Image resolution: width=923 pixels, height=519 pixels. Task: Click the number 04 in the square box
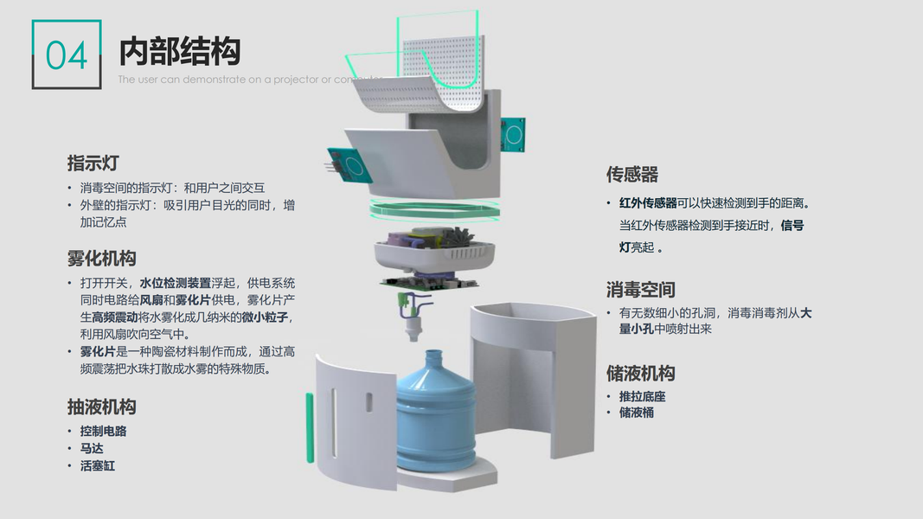(x=67, y=54)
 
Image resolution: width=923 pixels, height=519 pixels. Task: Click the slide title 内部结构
(x=179, y=51)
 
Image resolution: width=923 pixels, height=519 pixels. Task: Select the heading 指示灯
(x=93, y=163)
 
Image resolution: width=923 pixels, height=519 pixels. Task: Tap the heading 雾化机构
(x=101, y=259)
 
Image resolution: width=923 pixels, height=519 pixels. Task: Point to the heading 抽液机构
(x=101, y=407)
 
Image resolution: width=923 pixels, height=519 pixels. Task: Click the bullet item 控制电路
(x=103, y=431)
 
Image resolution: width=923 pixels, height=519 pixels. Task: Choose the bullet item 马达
(x=92, y=448)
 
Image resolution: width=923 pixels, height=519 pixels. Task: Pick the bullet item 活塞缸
(x=97, y=465)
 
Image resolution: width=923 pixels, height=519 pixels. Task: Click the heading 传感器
(x=631, y=175)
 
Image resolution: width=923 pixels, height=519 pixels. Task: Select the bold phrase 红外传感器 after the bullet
(x=648, y=203)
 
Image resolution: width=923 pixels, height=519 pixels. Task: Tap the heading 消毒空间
(x=640, y=290)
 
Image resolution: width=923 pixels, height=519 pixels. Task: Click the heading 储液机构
(x=640, y=374)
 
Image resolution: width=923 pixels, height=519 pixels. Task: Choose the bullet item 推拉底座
(x=642, y=396)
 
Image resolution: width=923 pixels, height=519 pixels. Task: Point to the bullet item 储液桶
(x=636, y=413)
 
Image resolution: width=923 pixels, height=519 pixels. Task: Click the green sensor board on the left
(x=349, y=164)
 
